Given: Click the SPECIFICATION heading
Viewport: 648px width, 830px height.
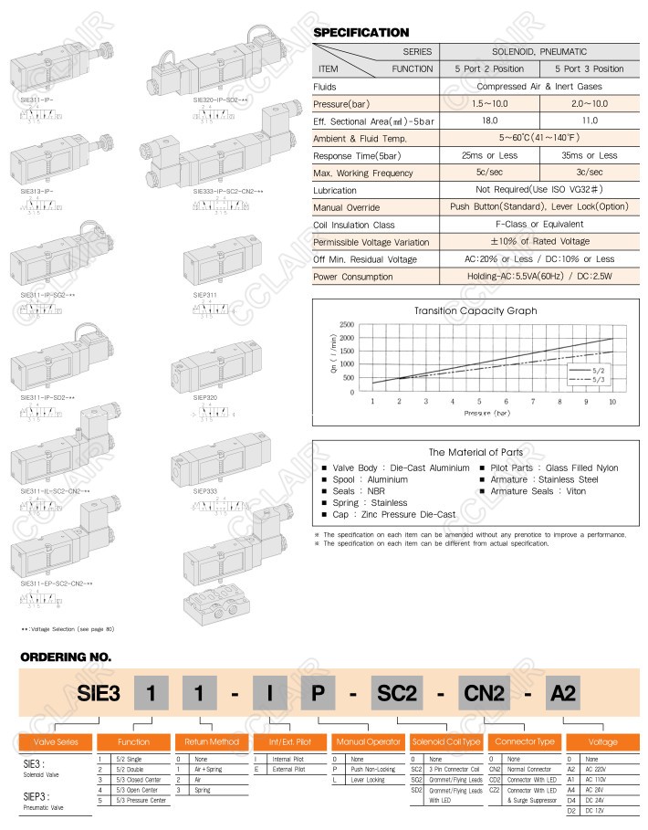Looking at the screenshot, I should click(361, 33).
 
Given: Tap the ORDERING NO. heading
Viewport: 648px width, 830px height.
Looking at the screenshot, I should click(65, 656).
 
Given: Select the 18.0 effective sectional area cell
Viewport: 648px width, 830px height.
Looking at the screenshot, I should click(489, 121).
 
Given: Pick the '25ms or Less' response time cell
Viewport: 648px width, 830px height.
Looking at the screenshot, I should click(489, 155).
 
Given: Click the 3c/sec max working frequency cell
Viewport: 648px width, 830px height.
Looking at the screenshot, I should click(590, 173).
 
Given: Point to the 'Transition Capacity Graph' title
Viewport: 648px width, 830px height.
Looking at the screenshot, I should click(476, 310).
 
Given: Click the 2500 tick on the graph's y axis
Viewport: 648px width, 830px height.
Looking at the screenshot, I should click(346, 325).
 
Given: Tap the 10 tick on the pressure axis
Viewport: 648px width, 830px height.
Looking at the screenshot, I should click(612, 401).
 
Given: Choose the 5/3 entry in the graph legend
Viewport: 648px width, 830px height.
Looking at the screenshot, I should click(598, 377).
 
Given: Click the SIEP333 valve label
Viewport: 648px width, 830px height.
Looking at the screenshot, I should click(204, 490).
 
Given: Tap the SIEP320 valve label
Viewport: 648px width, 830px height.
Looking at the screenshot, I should click(205, 398).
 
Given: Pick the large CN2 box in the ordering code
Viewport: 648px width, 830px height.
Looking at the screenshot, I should click(482, 695).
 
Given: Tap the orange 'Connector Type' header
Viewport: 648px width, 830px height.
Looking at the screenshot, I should click(522, 741).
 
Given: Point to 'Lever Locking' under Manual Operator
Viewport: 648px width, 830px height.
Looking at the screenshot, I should click(362, 780).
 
